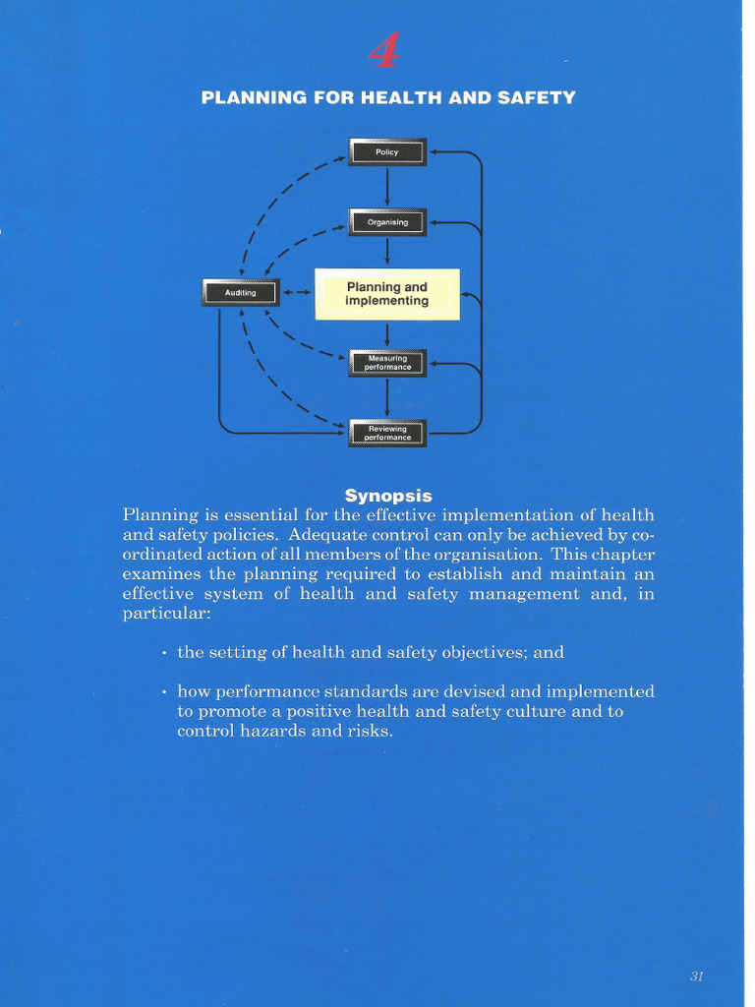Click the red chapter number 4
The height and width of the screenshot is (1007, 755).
(x=384, y=50)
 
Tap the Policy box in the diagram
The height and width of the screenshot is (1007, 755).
(x=387, y=152)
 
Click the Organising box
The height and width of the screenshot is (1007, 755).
(x=387, y=222)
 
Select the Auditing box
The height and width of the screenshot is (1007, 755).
(x=240, y=292)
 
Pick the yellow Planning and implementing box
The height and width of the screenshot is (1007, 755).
(x=387, y=294)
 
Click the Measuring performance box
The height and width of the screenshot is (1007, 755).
(x=387, y=363)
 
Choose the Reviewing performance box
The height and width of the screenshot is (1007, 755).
(x=387, y=433)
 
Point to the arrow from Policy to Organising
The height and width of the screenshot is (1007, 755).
(x=387, y=187)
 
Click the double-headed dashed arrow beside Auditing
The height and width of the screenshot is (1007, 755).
(x=297, y=292)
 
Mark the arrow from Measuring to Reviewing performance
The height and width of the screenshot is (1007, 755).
(x=387, y=397)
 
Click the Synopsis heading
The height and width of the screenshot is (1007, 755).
(x=388, y=496)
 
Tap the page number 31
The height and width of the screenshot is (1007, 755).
(x=697, y=976)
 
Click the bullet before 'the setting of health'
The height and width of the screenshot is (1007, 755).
(x=163, y=653)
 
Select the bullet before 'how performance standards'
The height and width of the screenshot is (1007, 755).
(x=163, y=692)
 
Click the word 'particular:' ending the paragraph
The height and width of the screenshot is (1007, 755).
(x=166, y=614)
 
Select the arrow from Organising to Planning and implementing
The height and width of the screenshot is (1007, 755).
(x=387, y=254)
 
